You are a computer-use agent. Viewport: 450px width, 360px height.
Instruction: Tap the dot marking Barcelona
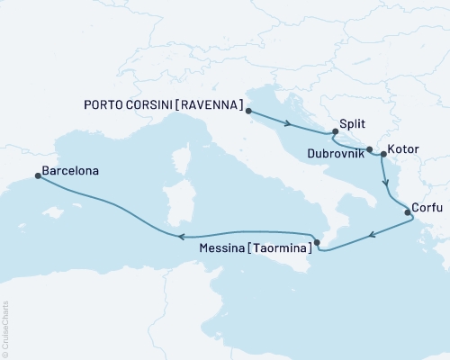pyautogui.click(x=37, y=175)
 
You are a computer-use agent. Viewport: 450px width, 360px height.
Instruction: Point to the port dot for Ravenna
pyautogui.click(x=247, y=112)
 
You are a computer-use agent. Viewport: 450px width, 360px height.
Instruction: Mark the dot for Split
pyautogui.click(x=335, y=133)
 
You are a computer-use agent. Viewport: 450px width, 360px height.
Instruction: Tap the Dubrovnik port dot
pyautogui.click(x=370, y=150)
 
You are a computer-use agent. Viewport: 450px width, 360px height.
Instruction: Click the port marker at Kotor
pyautogui.click(x=383, y=155)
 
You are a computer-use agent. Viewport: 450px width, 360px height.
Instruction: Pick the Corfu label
pyautogui.click(x=426, y=206)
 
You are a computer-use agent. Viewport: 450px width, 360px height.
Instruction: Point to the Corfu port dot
pyautogui.click(x=408, y=213)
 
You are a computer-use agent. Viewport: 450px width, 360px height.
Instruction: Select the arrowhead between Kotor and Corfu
pyautogui.click(x=388, y=182)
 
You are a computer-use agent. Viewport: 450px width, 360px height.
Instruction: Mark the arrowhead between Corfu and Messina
pyautogui.click(x=371, y=237)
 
